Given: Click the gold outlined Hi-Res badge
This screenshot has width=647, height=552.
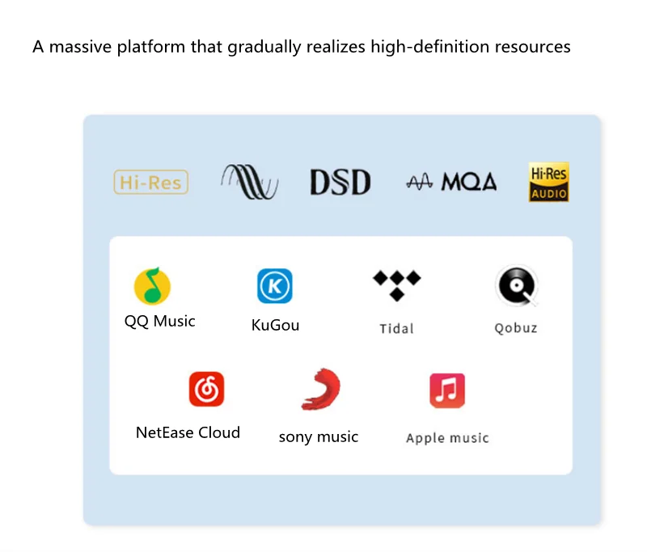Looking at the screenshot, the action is (151, 183).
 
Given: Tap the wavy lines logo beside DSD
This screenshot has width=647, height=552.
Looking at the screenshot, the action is (249, 182).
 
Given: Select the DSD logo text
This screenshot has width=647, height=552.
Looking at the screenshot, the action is (340, 183).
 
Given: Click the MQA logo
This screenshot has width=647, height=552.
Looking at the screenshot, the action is (451, 183).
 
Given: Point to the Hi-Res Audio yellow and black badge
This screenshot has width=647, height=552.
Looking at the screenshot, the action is (549, 182).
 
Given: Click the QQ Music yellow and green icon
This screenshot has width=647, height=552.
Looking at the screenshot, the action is (152, 285).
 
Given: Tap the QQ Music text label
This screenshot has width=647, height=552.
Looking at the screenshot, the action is (159, 321).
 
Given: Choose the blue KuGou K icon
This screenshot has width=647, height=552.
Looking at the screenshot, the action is (275, 286).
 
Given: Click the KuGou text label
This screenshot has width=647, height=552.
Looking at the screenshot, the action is (275, 325).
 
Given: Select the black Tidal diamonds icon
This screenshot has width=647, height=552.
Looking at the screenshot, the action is (396, 285).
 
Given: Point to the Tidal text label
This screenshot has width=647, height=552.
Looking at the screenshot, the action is (396, 328).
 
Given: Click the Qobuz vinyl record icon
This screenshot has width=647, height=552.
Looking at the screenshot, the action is (516, 285).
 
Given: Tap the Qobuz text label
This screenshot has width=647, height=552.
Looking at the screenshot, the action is (516, 328).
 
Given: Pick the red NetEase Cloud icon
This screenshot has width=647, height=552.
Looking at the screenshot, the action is (206, 389).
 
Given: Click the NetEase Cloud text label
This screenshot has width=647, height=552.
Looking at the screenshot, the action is (188, 432).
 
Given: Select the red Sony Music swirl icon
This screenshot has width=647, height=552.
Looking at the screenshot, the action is (319, 389).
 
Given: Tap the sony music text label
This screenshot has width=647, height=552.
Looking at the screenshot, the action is (318, 436).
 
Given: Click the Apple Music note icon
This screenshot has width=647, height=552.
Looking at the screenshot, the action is (447, 390).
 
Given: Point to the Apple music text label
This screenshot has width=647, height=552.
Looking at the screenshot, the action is (447, 438).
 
